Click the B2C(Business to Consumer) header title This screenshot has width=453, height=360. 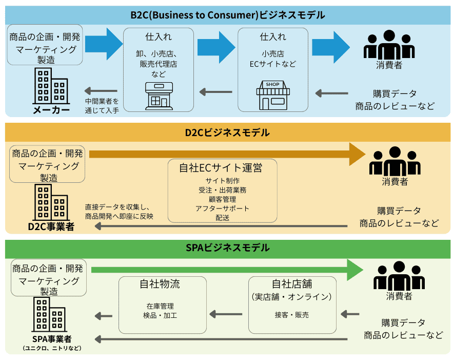click(227, 15)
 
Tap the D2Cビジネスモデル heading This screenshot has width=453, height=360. click(227, 132)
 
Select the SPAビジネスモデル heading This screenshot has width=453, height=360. click(227, 248)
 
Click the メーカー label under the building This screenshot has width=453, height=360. click(51, 109)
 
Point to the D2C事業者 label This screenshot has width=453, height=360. click(51, 226)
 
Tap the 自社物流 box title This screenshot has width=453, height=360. click(160, 284)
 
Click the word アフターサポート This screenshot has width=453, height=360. click(222, 209)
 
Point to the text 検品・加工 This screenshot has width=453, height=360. click(160, 315)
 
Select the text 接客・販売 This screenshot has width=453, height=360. click(292, 314)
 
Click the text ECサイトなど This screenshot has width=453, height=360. click(273, 64)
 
